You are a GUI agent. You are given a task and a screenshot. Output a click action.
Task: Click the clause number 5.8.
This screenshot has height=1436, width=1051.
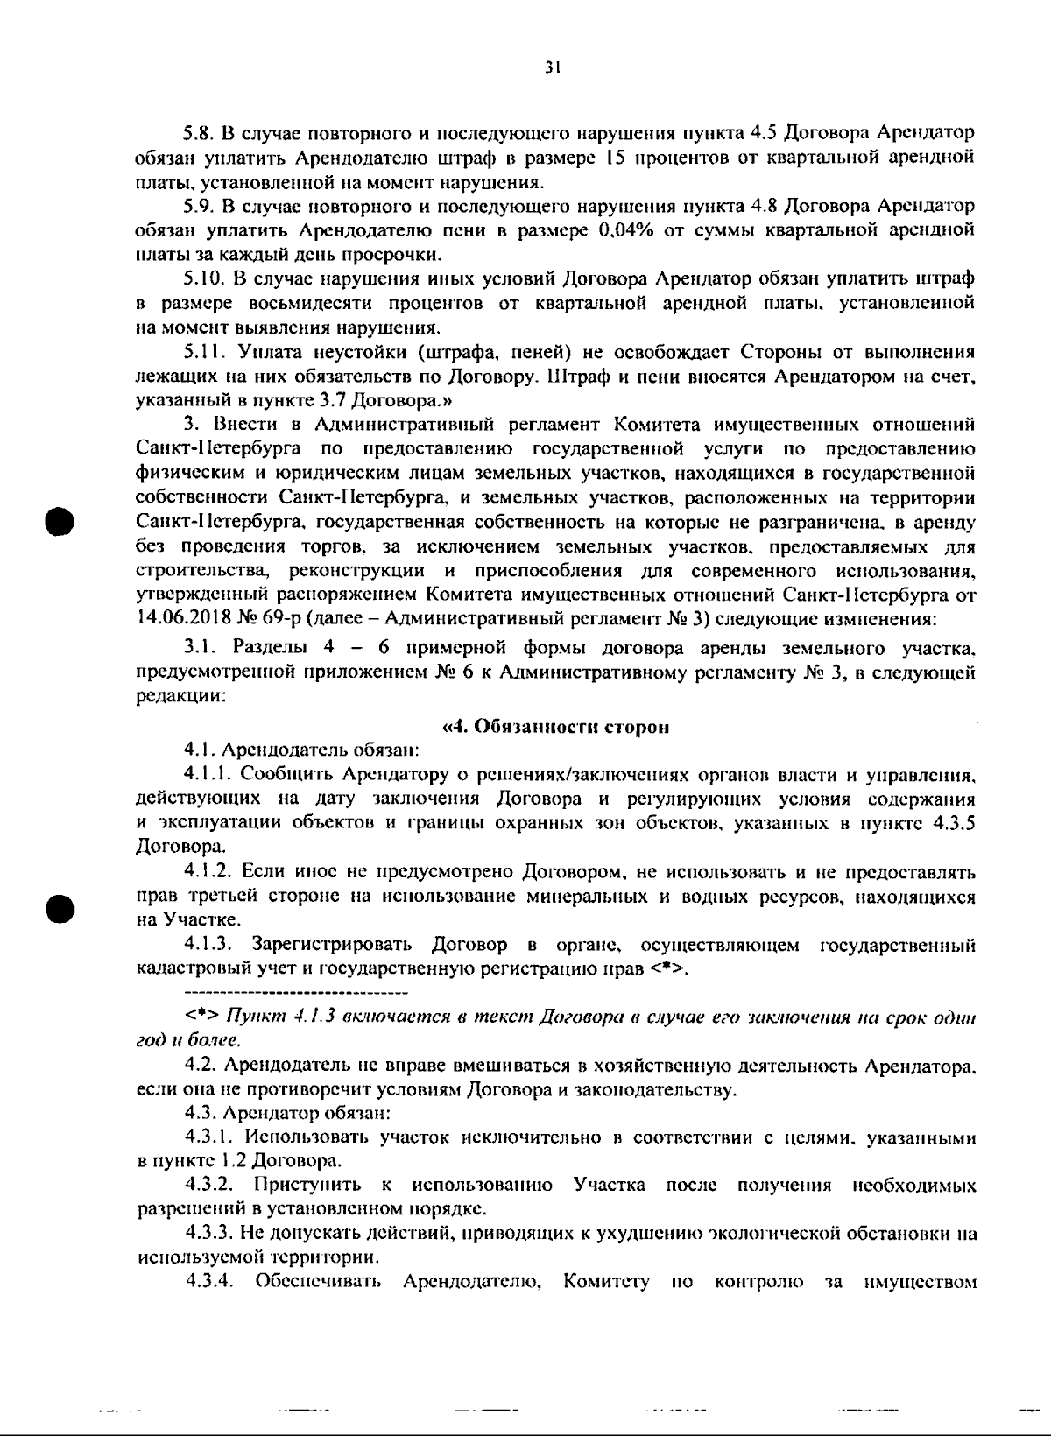199,135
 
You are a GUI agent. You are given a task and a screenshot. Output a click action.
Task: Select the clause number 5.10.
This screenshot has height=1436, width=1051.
203,280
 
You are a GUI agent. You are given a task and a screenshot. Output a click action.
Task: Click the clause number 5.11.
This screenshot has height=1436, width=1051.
202,353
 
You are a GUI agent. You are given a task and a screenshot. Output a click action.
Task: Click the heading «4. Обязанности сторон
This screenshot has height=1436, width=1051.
556,726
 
